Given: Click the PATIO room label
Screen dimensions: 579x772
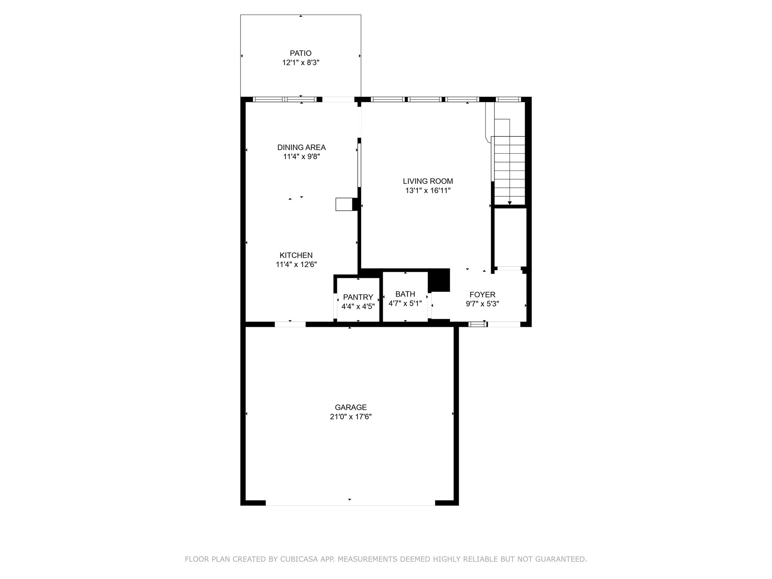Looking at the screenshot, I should [x=300, y=53].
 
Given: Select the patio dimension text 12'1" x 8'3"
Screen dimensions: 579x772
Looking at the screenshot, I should [x=300, y=63].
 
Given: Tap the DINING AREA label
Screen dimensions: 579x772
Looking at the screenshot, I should [x=301, y=147].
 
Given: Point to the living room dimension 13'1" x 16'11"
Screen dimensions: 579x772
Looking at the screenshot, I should [x=428, y=191].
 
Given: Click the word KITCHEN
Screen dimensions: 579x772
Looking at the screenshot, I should [x=296, y=255].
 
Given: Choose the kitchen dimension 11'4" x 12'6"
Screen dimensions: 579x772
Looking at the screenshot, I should [x=296, y=265].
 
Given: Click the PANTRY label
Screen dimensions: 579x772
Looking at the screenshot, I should [x=358, y=297].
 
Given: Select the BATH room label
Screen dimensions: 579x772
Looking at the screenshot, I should [x=405, y=294].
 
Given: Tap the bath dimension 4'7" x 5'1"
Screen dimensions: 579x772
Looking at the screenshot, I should [x=405, y=303].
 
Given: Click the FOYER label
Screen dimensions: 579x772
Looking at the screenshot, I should [x=482, y=294].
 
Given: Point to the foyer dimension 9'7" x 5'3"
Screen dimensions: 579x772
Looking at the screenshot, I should [x=482, y=304].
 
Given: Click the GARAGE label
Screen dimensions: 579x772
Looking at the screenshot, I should [x=351, y=407].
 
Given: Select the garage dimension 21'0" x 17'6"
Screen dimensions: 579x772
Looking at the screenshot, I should [x=351, y=417].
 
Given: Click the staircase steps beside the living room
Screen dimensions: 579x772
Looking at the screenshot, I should [x=509, y=170].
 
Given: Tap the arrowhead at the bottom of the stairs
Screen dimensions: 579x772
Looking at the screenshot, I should [x=510, y=203].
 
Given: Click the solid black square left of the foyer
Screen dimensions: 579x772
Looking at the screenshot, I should [x=439, y=280].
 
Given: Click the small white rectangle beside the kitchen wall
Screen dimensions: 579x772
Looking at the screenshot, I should [x=344, y=204].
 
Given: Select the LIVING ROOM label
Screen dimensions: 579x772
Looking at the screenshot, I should [x=428, y=181].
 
